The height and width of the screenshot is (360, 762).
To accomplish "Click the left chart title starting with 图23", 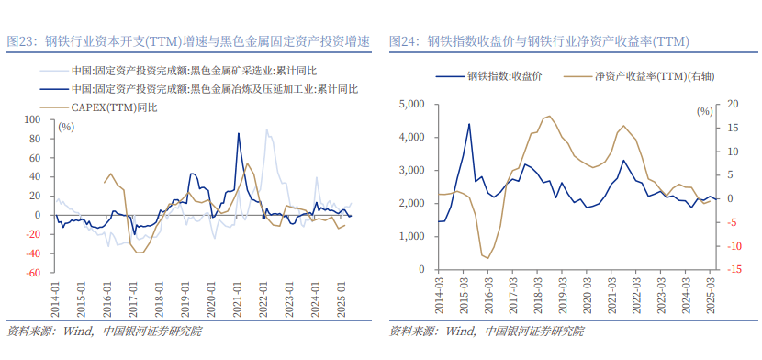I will pyautogui.click(x=188, y=42).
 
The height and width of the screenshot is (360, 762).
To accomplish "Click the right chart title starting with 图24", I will pyautogui.click(x=539, y=42).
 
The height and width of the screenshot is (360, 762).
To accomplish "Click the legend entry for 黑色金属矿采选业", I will pyautogui.click(x=188, y=70).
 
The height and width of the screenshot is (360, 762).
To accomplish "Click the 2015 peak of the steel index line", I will pyautogui.click(x=469, y=124).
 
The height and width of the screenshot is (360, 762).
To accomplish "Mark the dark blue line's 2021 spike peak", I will pyautogui.click(x=239, y=134).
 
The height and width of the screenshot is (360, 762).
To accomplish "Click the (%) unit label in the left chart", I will pyautogui.click(x=66, y=127).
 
